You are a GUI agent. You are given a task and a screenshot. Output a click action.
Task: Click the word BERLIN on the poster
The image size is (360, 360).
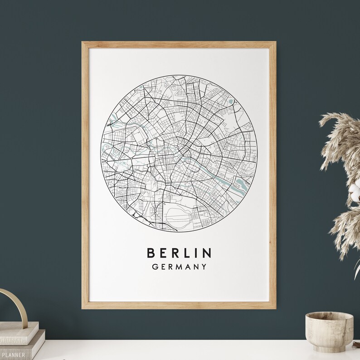click(x=179, y=253)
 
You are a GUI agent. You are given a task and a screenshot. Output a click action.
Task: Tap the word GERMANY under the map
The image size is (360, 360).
click(x=180, y=267)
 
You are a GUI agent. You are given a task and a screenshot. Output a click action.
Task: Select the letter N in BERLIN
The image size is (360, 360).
click(x=207, y=253)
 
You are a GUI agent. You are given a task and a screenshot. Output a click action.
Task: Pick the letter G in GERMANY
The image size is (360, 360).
click(x=156, y=267)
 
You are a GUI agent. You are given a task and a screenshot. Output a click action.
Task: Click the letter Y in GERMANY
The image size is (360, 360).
click(x=204, y=267)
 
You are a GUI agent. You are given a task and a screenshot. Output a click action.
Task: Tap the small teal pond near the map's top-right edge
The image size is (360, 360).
click(x=231, y=102)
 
